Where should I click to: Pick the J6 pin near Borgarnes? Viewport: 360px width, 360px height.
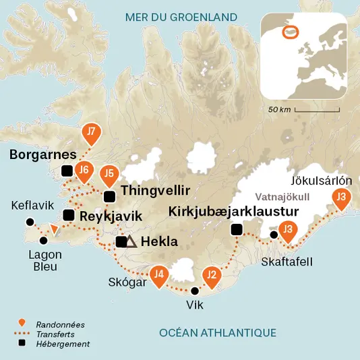(x=83, y=171)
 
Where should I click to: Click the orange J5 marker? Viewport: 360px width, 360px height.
(x=109, y=175)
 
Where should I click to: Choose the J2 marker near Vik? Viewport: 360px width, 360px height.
(x=211, y=275)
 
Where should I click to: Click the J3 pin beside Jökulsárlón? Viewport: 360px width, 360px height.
(x=342, y=198)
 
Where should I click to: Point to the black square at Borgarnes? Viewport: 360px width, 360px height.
(x=66, y=170)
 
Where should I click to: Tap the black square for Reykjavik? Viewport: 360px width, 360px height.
(x=68, y=216)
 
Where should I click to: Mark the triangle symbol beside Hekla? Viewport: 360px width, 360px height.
(x=132, y=241)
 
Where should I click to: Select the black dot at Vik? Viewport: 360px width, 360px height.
(x=195, y=291)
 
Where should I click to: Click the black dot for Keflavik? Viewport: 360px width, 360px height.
(x=29, y=222)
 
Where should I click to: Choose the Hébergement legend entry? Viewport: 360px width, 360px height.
(x=63, y=344)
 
